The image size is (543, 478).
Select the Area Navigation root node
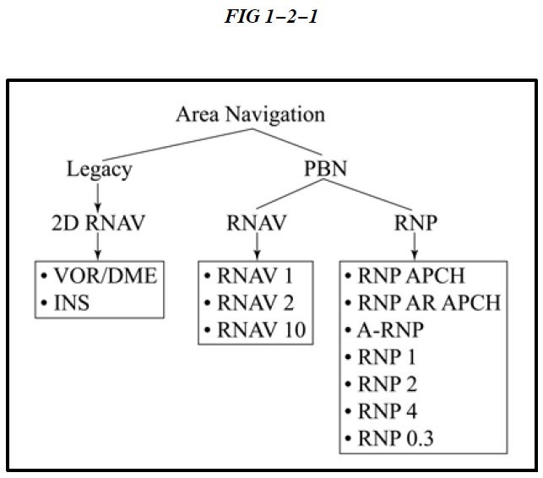tap(250, 114)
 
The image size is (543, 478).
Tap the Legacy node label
tap(99, 170)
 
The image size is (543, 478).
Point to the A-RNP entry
tap(393, 330)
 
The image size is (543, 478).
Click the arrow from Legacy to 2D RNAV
tap(99, 196)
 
